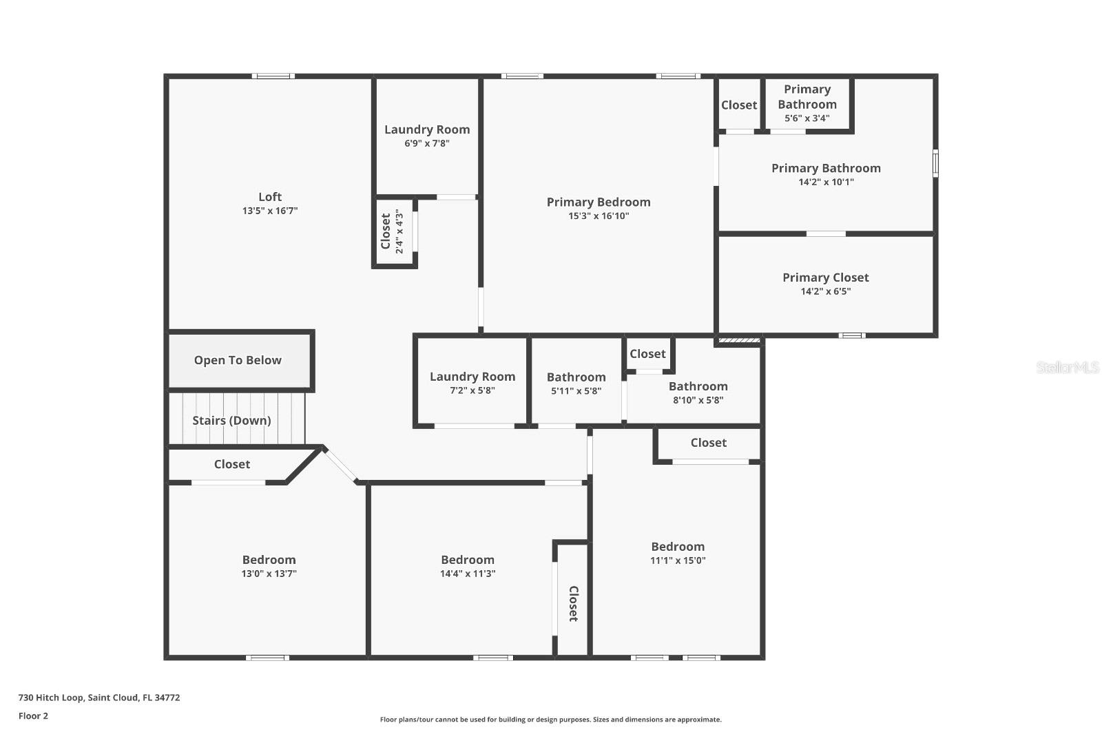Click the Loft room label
coord(270,197)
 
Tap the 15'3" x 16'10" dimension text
coord(599,216)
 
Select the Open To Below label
coord(238,360)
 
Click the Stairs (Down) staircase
coord(232,420)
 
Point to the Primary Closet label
coord(825,277)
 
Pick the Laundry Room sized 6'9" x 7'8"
coord(427,129)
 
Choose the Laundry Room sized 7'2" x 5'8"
coord(472,377)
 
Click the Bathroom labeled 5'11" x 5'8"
coord(576,377)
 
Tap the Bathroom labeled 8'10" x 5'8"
coord(698,386)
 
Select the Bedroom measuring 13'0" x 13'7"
coord(269,560)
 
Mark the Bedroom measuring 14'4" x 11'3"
coord(468,560)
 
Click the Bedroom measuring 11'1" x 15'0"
coord(678,547)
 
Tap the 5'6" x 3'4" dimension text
coord(807,118)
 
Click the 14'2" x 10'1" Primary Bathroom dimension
coord(826,182)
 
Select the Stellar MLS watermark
coord(1067,368)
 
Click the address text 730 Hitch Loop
coord(98,698)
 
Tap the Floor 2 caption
coord(33,716)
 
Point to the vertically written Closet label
coord(573,604)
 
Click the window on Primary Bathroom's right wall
coord(935,164)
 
